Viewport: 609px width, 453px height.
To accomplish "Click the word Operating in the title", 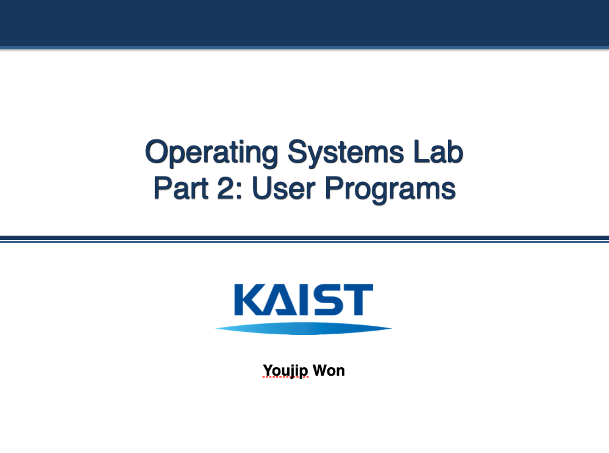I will (212, 153).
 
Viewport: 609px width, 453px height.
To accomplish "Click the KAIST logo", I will (304, 307).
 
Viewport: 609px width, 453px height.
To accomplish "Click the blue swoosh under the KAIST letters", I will (304, 329).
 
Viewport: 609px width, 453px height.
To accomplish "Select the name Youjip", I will (286, 370).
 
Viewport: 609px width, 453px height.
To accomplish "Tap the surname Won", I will (329, 370).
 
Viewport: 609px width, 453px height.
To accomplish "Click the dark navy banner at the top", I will (304, 23).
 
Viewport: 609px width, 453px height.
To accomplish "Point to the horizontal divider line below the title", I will (304, 239).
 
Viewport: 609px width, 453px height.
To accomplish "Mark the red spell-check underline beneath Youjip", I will (286, 377).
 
